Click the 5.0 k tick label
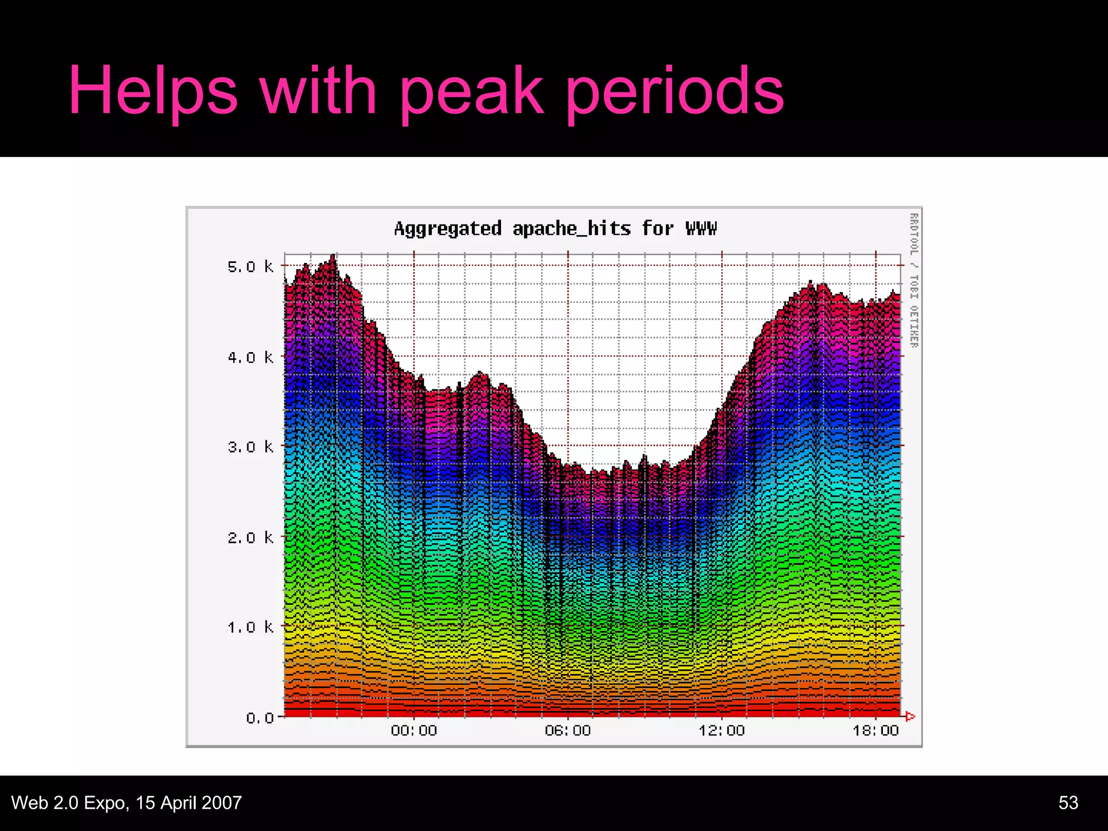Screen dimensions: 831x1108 (250, 267)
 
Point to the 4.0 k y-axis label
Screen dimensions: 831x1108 (250, 358)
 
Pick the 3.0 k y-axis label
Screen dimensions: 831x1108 (250, 447)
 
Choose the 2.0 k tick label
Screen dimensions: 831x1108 (250, 538)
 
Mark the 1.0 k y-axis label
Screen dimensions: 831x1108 (250, 628)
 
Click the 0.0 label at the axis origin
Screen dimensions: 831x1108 (260, 718)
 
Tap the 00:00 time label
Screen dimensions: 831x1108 (414, 731)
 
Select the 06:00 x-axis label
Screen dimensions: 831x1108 (568, 731)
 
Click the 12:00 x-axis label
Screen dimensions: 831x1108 (722, 731)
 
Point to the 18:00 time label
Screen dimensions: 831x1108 (875, 731)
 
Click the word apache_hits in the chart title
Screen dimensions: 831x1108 (571, 229)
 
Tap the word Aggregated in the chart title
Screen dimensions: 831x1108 (448, 229)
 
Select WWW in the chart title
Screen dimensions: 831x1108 (701, 229)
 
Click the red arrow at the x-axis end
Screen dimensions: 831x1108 (910, 717)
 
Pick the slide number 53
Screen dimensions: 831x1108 (1068, 802)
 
